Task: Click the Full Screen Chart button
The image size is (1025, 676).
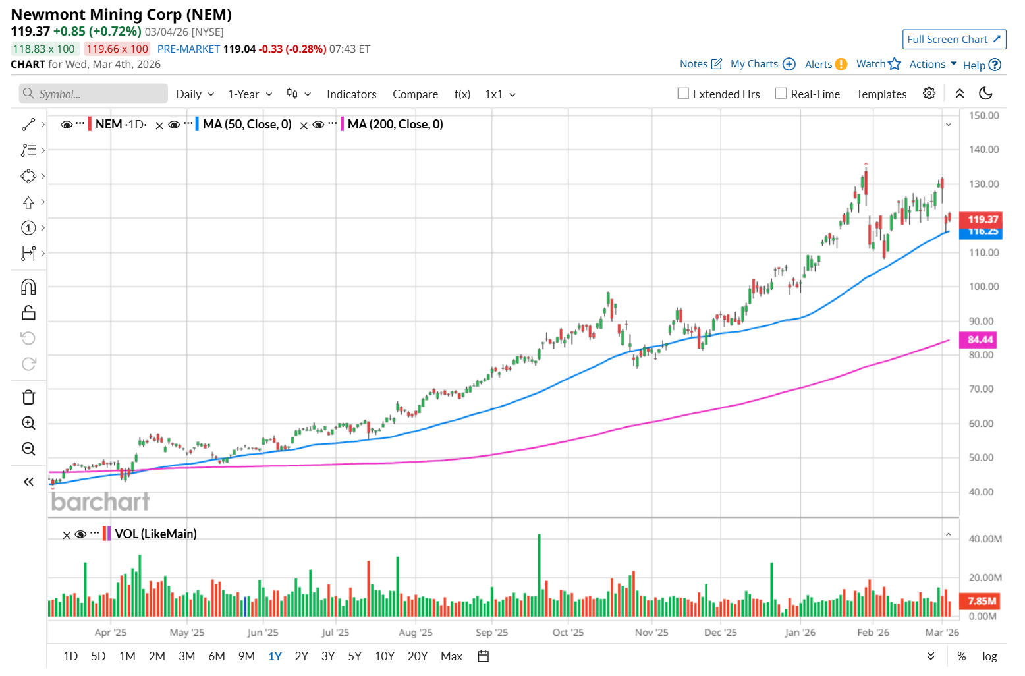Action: [x=953, y=40]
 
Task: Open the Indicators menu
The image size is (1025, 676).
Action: [x=351, y=94]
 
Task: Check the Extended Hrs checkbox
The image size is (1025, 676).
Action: [x=684, y=94]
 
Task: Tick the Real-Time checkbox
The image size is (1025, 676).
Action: [x=781, y=94]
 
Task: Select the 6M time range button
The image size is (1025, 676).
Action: [x=217, y=656]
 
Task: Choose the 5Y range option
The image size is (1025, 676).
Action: [x=354, y=656]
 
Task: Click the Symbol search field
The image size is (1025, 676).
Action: [x=94, y=94]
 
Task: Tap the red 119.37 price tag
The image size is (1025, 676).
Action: [x=982, y=219]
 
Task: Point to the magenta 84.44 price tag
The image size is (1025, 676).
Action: [x=980, y=340]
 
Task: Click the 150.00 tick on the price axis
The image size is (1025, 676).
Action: [x=983, y=115]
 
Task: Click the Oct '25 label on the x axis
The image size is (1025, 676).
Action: [x=568, y=633]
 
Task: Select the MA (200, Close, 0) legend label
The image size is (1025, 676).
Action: [x=395, y=125]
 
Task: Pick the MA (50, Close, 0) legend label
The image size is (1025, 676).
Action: [x=247, y=125]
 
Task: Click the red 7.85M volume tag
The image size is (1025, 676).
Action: [x=982, y=601]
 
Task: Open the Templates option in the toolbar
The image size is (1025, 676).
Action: [x=881, y=94]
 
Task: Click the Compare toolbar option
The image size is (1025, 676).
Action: [x=415, y=94]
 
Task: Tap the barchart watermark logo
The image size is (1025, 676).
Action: [x=101, y=502]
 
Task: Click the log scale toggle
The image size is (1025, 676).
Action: [x=989, y=656]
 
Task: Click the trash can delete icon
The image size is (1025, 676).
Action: [x=28, y=397]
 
